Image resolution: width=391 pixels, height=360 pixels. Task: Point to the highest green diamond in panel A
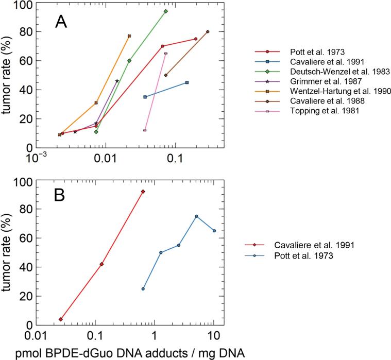[165, 11]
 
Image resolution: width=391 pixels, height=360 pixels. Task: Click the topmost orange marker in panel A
[129, 36]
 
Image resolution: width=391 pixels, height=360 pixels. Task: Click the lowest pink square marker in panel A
[145, 130]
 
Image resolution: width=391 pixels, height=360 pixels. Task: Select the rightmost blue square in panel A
[186, 82]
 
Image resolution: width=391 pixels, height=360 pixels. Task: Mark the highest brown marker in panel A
[208, 32]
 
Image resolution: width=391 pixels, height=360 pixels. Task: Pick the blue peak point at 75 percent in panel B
[196, 216]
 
